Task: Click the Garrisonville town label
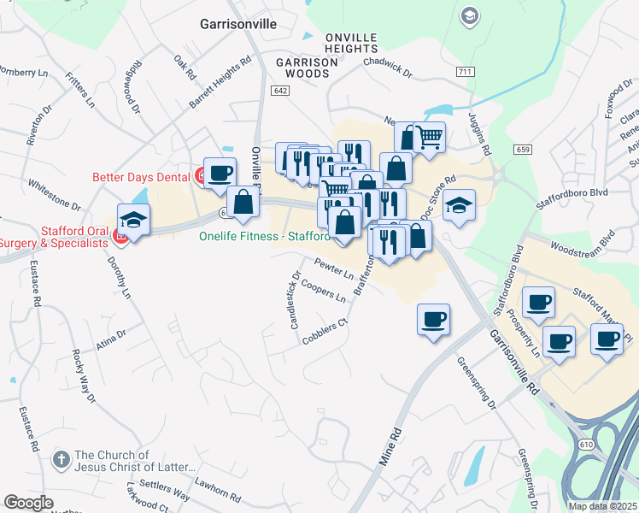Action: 238,24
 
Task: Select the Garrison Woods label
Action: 302,68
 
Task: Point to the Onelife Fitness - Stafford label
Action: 264,236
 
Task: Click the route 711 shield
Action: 465,72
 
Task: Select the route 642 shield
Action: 280,90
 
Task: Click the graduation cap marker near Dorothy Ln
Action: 134,221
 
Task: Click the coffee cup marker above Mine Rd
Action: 433,319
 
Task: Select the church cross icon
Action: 61,460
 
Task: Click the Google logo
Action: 28,503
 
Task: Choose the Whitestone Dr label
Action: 54,195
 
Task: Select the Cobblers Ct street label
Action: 326,332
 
